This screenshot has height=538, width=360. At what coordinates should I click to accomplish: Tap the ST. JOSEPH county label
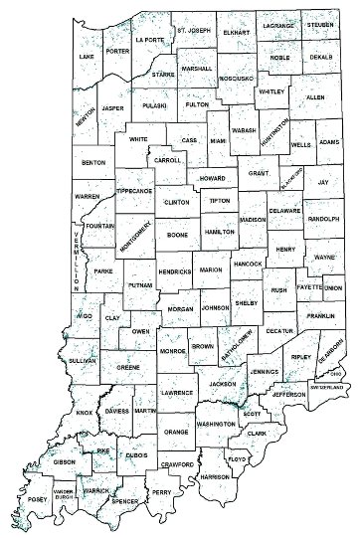pyautogui.click(x=194, y=31)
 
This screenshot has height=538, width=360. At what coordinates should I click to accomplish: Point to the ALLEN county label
pyautogui.click(x=315, y=97)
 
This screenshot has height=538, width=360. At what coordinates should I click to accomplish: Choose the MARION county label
pyautogui.click(x=211, y=269)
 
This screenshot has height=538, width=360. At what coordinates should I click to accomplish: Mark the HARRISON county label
pyautogui.click(x=214, y=477)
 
